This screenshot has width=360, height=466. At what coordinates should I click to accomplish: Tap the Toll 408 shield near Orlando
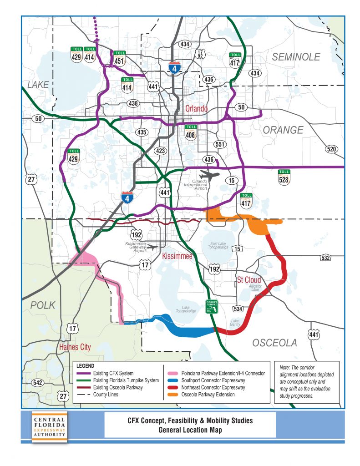pos(191,132)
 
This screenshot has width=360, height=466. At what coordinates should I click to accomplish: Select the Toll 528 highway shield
pos(284,177)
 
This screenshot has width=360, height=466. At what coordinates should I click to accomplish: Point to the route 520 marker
pos(332,149)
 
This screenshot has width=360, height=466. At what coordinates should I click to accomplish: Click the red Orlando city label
pos(196,109)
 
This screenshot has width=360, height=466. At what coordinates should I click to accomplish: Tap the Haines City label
pos(75,347)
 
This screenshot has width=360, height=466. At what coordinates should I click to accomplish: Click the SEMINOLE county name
pos(296,57)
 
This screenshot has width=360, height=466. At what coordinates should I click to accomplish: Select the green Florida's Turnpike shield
pos(211,306)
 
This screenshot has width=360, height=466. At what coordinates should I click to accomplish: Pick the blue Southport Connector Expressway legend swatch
pos(172,380)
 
